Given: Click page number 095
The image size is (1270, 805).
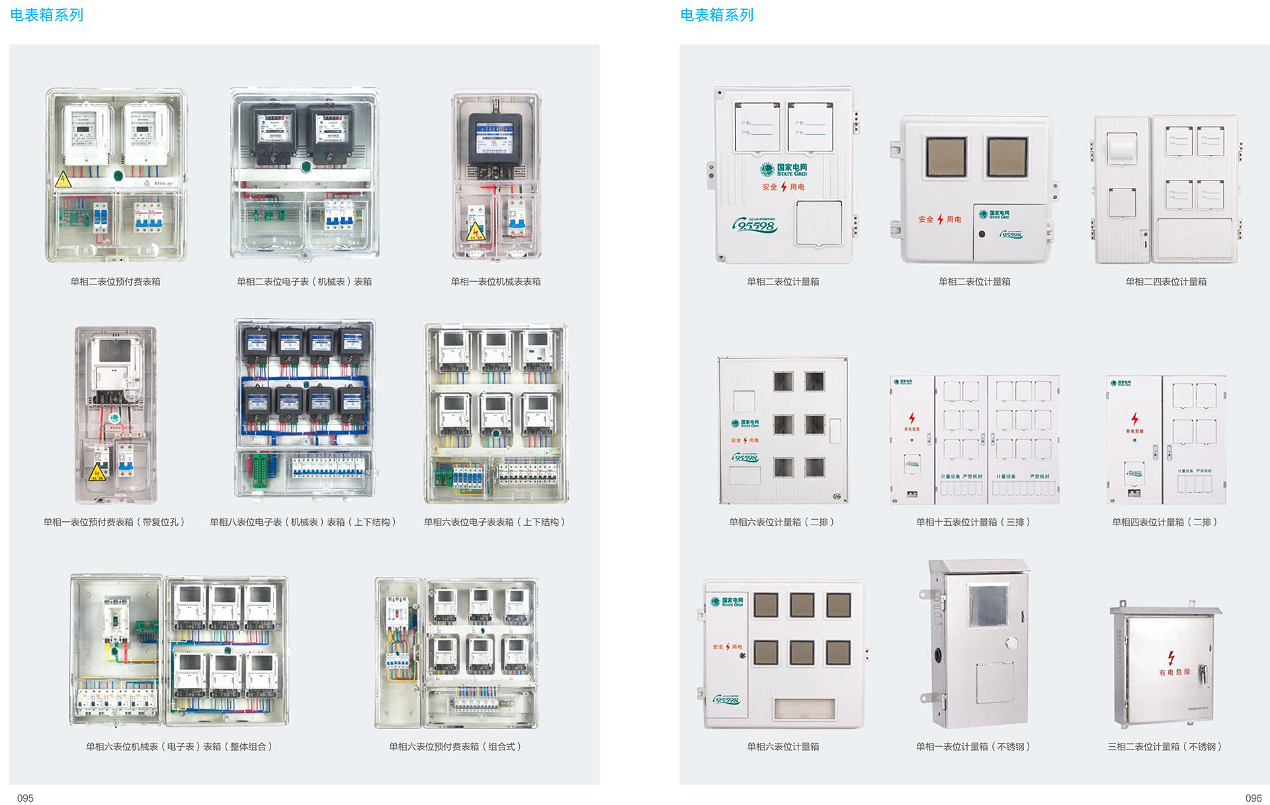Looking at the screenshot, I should click(x=25, y=798).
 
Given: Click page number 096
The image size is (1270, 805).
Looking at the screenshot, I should click(x=1253, y=798).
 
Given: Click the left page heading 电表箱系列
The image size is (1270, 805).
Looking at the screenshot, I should click(x=46, y=15).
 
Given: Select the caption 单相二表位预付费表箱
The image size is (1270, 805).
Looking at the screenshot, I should click(x=115, y=281).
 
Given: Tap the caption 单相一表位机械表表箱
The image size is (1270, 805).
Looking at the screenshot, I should click(x=495, y=281).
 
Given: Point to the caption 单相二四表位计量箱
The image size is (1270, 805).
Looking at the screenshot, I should click(x=1165, y=281).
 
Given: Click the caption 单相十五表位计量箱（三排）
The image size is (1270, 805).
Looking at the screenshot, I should click(x=973, y=522).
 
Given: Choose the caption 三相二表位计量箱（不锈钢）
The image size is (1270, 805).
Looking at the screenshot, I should click(x=1164, y=746).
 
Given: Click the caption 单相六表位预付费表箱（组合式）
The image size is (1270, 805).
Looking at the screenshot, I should click(x=455, y=746).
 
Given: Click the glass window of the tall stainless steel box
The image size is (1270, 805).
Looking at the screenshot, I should click(x=988, y=605).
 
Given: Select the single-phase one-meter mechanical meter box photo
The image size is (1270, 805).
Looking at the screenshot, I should click(x=496, y=175).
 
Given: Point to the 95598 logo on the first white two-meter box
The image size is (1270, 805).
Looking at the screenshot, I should click(x=755, y=226).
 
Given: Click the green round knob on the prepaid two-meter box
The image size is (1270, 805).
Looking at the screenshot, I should click(x=118, y=175).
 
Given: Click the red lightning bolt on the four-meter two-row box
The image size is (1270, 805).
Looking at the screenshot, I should click(x=1134, y=419).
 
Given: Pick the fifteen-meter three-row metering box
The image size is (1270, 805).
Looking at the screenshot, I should click(x=974, y=440).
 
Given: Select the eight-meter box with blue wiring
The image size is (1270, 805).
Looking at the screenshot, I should click(x=305, y=408).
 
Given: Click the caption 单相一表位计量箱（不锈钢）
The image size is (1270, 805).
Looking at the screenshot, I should click(x=973, y=746).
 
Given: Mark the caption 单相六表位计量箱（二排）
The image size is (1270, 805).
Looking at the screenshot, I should click(x=783, y=522).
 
